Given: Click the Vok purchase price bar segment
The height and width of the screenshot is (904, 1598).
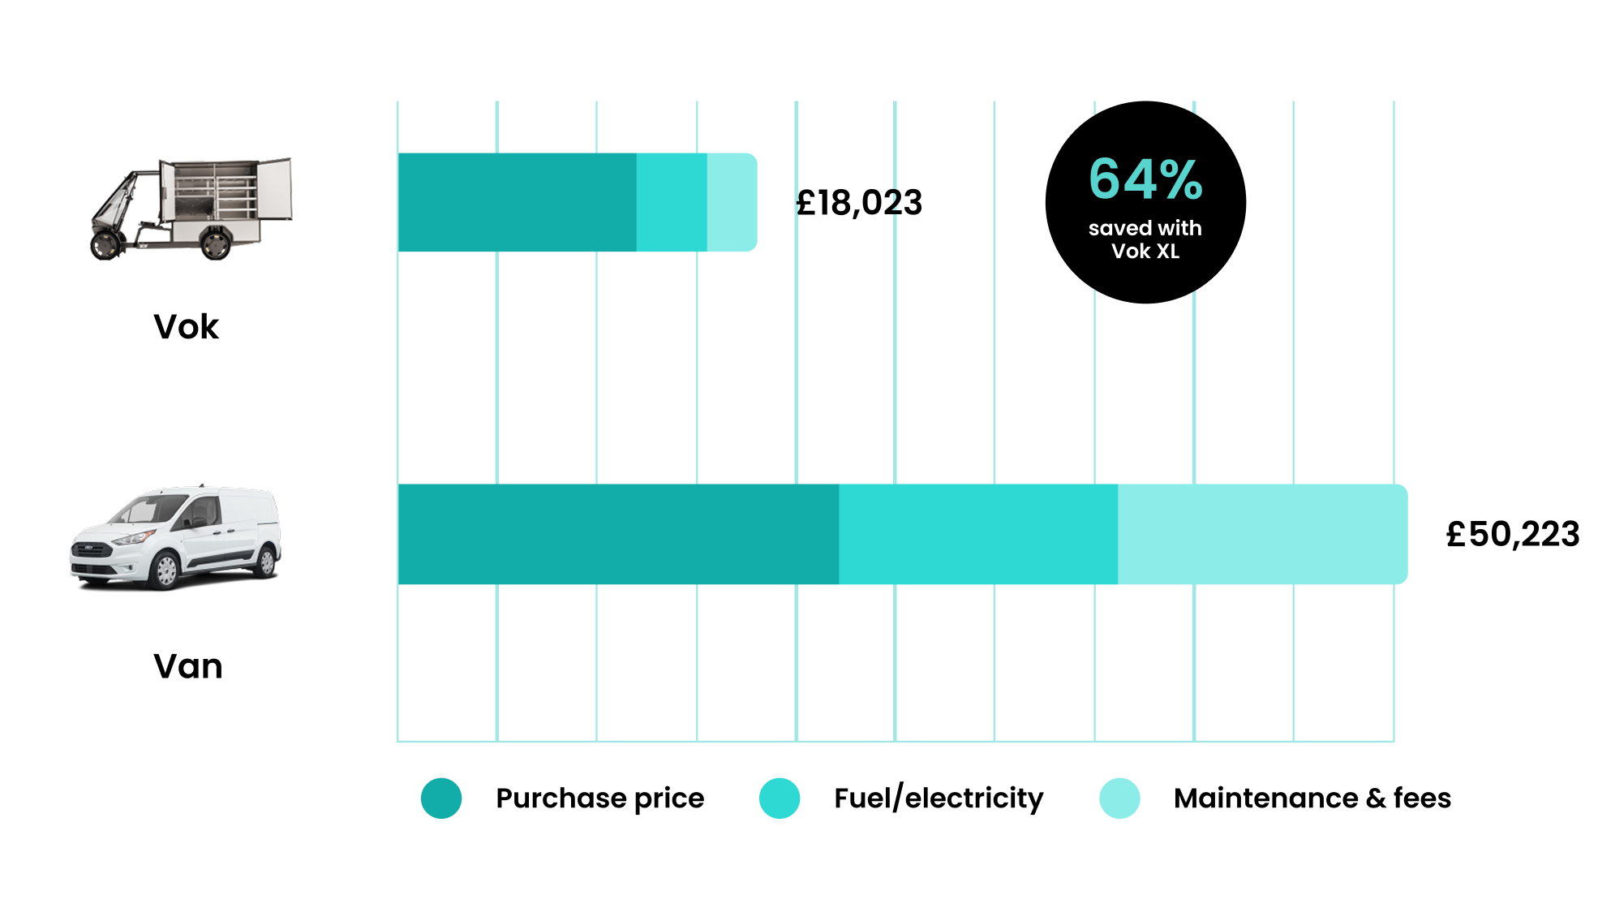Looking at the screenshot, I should [x=517, y=202].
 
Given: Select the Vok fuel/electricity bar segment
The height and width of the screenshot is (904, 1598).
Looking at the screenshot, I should [x=672, y=202].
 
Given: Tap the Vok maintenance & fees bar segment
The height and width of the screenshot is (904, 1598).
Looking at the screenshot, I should [x=731, y=202].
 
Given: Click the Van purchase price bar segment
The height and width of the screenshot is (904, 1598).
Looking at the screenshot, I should [x=618, y=534].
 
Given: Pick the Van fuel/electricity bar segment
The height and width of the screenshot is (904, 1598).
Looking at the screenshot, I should [x=978, y=534].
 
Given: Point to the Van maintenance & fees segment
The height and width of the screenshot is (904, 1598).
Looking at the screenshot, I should [x=1261, y=534].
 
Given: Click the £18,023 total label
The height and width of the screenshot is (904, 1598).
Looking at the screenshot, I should [x=859, y=203].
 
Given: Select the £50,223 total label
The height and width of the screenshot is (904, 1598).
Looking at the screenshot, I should [x=1513, y=534].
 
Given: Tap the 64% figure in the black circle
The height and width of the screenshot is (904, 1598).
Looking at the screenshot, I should [x=1145, y=179].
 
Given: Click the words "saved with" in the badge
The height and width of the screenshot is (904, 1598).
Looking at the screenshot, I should [x=1145, y=228].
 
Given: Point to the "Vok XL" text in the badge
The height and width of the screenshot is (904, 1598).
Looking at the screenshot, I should [x=1145, y=252].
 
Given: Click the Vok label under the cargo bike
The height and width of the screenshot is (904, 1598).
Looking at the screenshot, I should [x=187, y=327].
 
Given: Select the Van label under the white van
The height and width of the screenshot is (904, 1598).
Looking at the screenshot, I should [x=188, y=666].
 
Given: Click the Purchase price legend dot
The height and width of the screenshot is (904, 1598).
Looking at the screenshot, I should [x=441, y=799].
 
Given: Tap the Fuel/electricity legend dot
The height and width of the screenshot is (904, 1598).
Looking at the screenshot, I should [x=780, y=799].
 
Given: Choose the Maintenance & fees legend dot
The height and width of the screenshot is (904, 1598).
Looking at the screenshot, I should [x=1119, y=799].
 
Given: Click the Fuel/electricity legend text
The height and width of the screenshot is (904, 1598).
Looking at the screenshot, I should [x=939, y=799].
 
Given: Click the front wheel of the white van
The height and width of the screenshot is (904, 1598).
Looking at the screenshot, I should [x=165, y=570].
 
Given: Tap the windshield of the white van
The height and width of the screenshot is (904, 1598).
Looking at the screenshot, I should [x=146, y=510].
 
